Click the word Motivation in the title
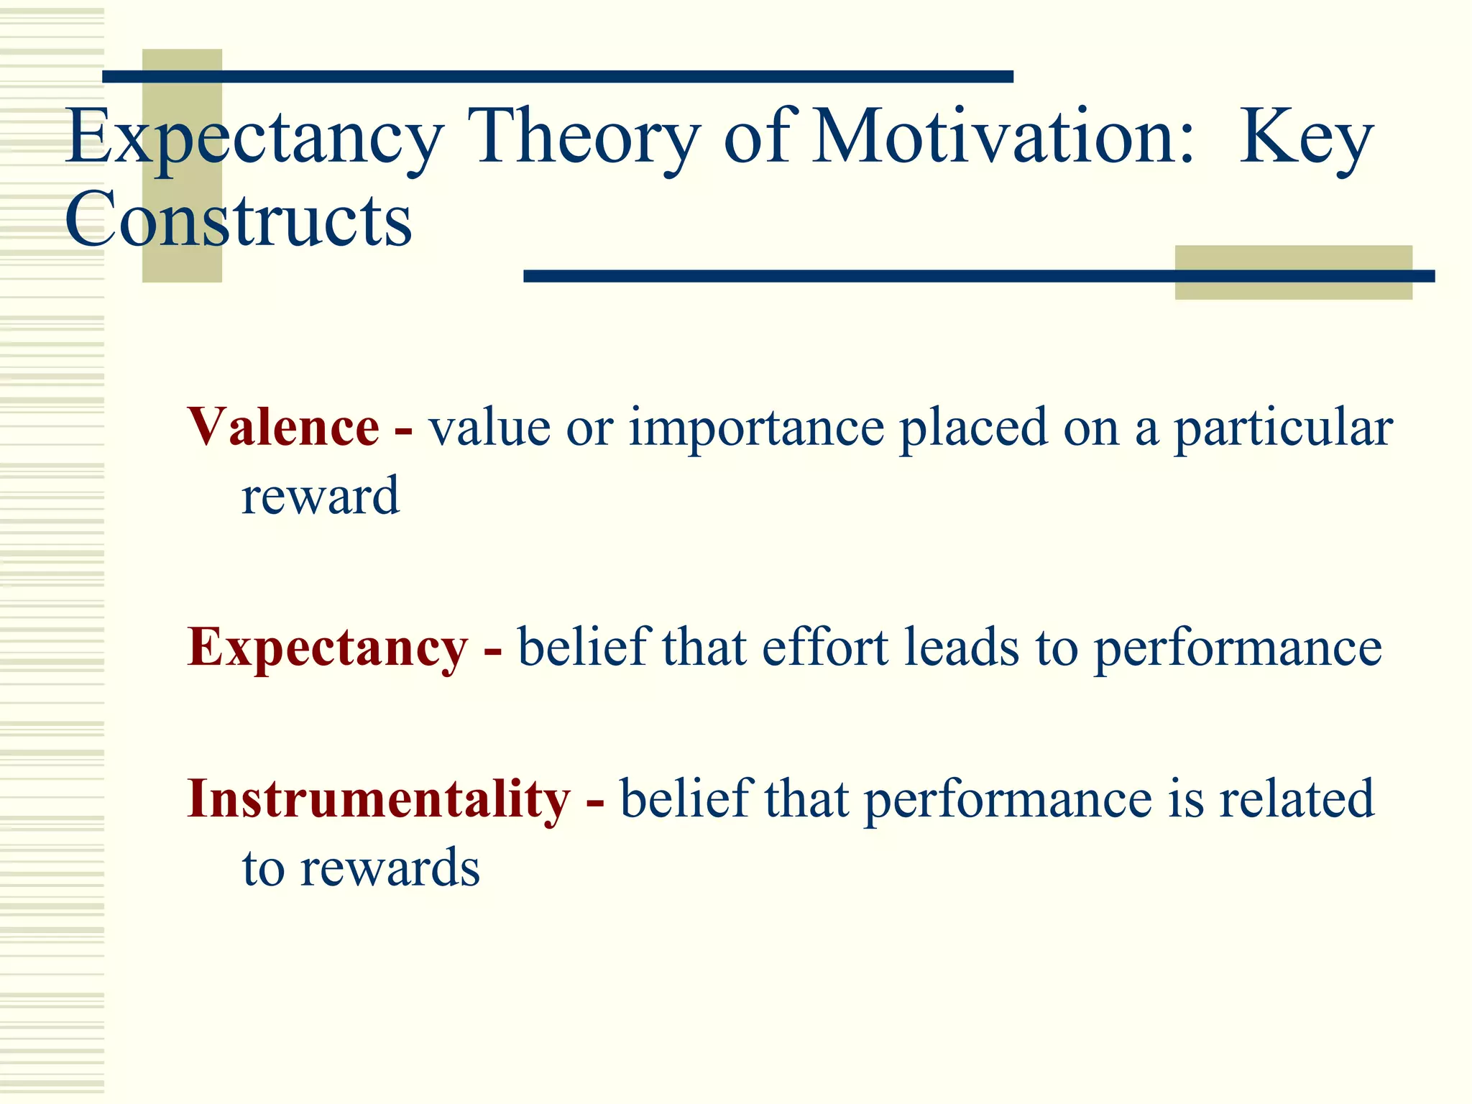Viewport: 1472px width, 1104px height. click(x=1003, y=137)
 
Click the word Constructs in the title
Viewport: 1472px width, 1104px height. click(x=238, y=219)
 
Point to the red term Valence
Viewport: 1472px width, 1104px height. click(x=283, y=427)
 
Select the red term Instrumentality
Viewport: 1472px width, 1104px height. click(x=378, y=799)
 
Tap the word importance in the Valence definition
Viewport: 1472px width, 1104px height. click(x=756, y=428)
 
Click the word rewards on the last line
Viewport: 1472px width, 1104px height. click(x=390, y=868)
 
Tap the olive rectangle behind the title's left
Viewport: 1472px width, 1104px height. click(x=182, y=266)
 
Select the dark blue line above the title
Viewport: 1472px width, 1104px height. click(x=558, y=77)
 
